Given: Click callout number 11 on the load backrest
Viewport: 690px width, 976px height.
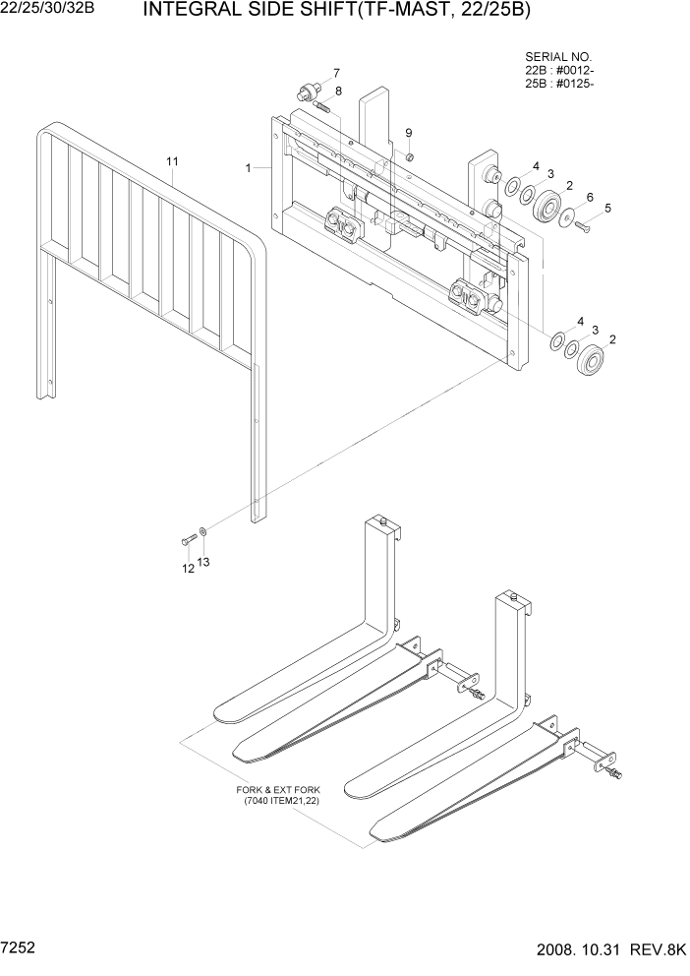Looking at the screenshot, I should coord(172,160).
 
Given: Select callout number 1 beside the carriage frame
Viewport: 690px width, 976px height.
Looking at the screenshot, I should coord(250,168).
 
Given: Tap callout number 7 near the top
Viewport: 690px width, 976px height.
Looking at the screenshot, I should coord(336,73).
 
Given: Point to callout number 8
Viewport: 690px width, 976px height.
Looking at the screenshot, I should coord(338,91).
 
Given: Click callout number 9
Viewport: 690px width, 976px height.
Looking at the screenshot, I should coord(409,133).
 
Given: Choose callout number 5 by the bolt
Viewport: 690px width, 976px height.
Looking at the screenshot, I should coord(607,208).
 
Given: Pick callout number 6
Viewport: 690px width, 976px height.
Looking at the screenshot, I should coord(590,197).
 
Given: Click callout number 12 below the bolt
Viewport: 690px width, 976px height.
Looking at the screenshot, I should coord(187,568).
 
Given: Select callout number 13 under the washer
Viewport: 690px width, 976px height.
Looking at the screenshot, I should coord(204,562).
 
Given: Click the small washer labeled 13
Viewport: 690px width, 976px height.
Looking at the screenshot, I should coord(202,532).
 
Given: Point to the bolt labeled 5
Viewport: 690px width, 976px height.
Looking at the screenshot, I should coord(581,227).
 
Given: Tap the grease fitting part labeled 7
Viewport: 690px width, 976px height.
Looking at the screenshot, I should coord(307,93).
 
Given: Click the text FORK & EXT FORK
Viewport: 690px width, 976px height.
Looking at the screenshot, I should coord(277,790).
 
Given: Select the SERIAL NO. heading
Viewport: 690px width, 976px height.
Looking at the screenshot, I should coord(558,58).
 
